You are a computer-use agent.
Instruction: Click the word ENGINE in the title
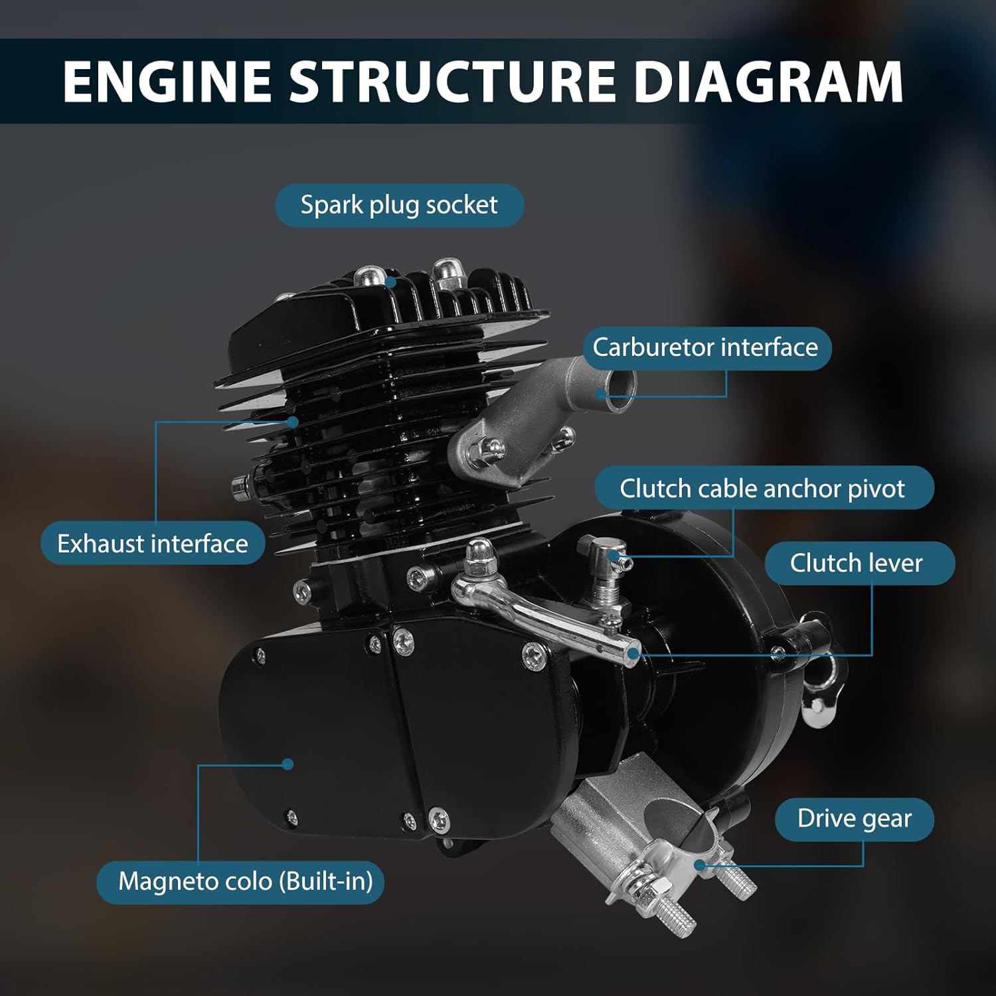point(167,82)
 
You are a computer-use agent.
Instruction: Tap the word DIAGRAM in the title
point(768,82)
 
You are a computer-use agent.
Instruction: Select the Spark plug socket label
point(399,205)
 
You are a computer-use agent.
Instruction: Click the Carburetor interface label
point(705,348)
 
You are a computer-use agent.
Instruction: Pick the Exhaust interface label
point(153,544)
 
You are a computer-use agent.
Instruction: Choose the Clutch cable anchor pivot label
point(762,489)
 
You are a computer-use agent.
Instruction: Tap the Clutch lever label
point(856,563)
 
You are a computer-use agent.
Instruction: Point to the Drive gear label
point(854,819)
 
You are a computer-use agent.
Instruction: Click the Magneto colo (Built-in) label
point(245,882)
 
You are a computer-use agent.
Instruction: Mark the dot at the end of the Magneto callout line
point(288,764)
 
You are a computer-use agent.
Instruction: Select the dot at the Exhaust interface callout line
point(293,422)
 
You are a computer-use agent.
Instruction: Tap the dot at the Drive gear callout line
point(699,865)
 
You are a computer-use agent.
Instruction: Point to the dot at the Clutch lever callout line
point(633,655)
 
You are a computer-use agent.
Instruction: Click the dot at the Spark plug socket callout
point(392,282)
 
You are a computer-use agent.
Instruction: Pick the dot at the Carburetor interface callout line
point(601,393)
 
